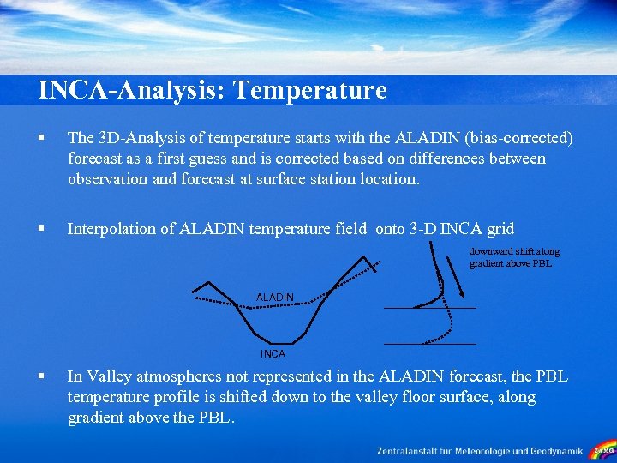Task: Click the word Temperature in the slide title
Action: [309, 90]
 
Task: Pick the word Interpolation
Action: [119, 228]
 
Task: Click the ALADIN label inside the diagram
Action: [274, 297]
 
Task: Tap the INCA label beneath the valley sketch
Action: [273, 353]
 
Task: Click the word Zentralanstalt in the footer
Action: [411, 450]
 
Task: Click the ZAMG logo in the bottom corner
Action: [603, 450]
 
